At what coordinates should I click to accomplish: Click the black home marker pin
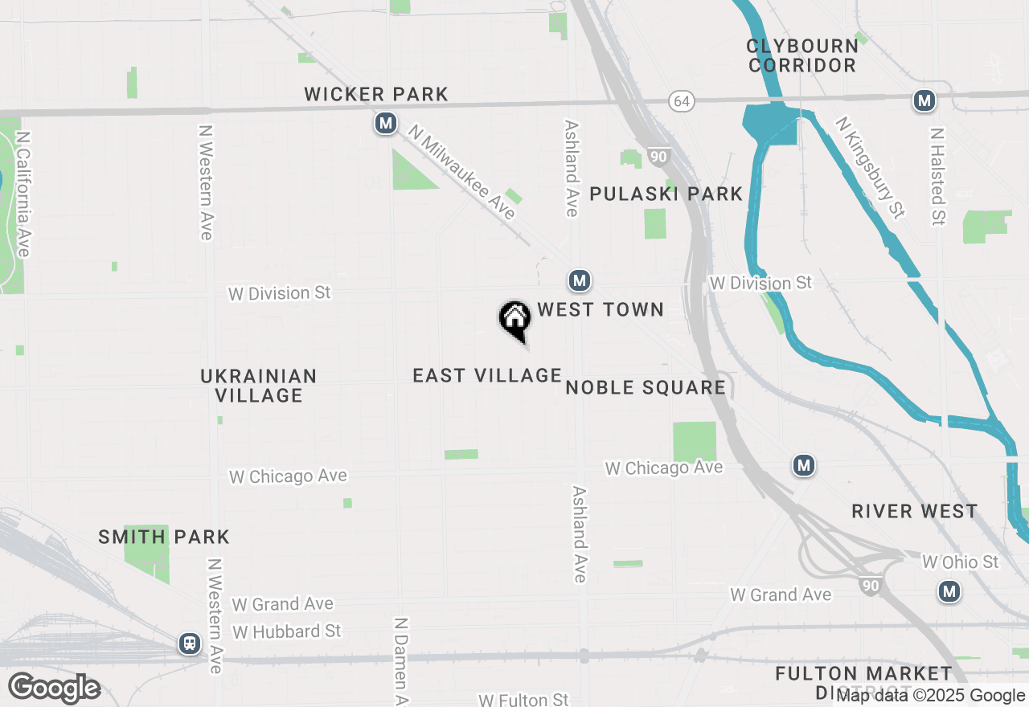(x=514, y=320)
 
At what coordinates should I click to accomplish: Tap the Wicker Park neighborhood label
(x=376, y=94)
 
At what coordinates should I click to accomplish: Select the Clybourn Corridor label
(x=801, y=55)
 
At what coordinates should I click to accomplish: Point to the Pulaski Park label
(x=666, y=194)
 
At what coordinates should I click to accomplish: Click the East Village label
(x=487, y=375)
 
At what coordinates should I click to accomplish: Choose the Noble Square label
(x=646, y=388)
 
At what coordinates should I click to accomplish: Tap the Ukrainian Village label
(x=259, y=386)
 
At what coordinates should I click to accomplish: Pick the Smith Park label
(x=164, y=537)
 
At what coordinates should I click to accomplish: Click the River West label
(x=915, y=511)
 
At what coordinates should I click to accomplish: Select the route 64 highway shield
(x=682, y=101)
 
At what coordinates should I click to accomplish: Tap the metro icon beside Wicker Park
(x=387, y=124)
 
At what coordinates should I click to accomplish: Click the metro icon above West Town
(x=580, y=280)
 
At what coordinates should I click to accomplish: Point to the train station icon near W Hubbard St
(x=190, y=644)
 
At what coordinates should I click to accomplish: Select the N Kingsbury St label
(x=870, y=167)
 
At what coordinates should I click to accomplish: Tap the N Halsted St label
(x=937, y=176)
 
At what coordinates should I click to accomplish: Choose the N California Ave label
(x=23, y=194)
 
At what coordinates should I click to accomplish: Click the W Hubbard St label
(x=287, y=631)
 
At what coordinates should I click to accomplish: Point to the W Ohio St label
(x=960, y=562)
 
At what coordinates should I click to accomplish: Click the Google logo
(x=54, y=688)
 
